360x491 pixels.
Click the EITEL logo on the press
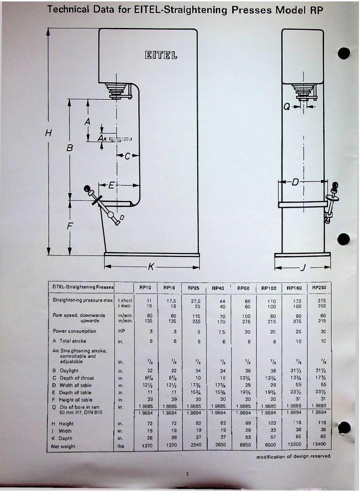(161, 54)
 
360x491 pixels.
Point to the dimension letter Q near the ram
(287, 106)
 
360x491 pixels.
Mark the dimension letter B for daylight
(70, 148)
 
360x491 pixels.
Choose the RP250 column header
(319, 287)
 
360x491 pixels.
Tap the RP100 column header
(269, 288)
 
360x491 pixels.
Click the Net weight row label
(64, 446)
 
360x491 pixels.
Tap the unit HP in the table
(120, 331)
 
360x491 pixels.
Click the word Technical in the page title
(68, 9)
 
